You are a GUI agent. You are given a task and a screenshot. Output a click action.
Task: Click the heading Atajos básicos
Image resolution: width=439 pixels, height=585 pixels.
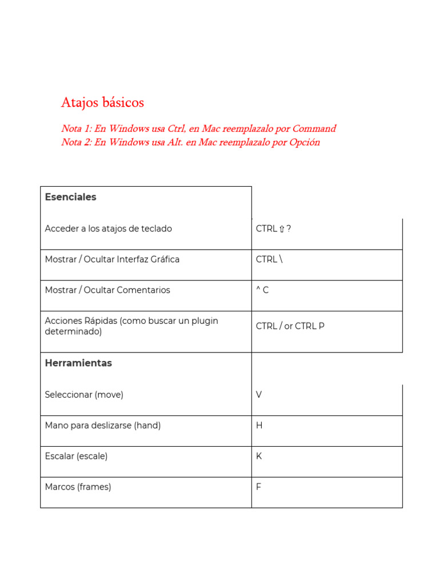pyautogui.click(x=102, y=103)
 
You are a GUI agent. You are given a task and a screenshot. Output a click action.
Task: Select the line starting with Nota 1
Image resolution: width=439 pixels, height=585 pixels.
pyautogui.click(x=198, y=129)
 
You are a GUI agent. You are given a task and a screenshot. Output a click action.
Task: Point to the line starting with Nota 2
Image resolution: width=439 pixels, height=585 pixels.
pyautogui.click(x=190, y=142)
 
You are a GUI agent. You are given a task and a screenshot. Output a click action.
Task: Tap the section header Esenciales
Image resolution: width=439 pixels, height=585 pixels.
pyautogui.click(x=71, y=197)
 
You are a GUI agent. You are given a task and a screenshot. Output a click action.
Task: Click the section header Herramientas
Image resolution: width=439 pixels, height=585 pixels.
pyautogui.click(x=78, y=363)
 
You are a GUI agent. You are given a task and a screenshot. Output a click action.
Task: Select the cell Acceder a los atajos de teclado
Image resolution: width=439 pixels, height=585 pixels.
pyautogui.click(x=109, y=229)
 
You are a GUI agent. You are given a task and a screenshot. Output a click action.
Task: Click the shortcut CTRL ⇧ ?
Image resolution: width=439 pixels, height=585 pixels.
pyautogui.click(x=274, y=229)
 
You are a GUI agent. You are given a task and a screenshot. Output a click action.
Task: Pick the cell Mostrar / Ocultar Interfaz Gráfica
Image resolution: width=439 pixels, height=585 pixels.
pyautogui.click(x=112, y=259)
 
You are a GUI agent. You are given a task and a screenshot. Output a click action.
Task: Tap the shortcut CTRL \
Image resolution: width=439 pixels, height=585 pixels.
pyautogui.click(x=269, y=259)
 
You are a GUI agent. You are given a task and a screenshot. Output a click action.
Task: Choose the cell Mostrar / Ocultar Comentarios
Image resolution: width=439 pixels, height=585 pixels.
pyautogui.click(x=107, y=290)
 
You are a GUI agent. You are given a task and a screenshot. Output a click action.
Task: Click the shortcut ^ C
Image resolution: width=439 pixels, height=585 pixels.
pyautogui.click(x=262, y=290)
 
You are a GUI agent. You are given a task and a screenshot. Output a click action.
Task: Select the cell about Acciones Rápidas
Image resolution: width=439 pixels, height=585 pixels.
pyautogui.click(x=131, y=326)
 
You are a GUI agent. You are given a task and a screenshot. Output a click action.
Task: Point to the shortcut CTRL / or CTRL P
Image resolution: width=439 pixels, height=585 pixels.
pyautogui.click(x=290, y=326)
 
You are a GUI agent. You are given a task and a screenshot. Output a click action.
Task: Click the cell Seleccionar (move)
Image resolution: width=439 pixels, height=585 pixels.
pyautogui.click(x=84, y=395)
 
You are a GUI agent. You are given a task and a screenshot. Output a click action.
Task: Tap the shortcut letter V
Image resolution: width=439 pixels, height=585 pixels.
pyautogui.click(x=260, y=395)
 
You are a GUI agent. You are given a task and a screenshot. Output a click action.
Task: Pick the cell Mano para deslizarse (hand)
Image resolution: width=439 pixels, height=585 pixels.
pyautogui.click(x=103, y=426)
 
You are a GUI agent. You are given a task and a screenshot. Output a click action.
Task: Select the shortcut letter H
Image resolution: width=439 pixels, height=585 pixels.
pyautogui.click(x=260, y=426)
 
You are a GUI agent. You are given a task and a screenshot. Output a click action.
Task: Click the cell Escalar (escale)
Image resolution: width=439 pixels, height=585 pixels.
pyautogui.click(x=76, y=456)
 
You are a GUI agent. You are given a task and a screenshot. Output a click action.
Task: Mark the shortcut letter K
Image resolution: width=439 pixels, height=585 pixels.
pyautogui.click(x=260, y=456)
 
